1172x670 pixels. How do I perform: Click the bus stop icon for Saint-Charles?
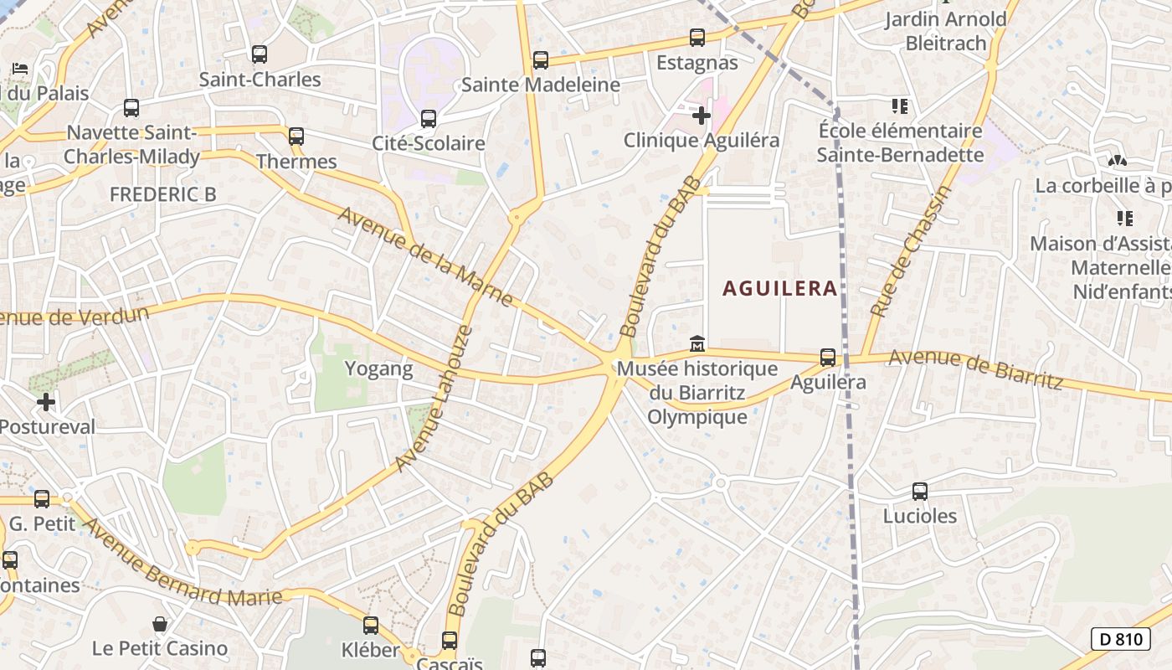click(260, 54)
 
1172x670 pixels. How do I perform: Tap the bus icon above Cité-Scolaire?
click(429, 118)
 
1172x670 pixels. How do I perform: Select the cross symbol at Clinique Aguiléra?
click(702, 115)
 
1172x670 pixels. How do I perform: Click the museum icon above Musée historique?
click(697, 343)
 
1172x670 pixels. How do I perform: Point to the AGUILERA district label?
click(779, 288)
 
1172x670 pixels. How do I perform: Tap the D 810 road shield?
click(1120, 639)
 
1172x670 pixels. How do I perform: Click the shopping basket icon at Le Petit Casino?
click(160, 624)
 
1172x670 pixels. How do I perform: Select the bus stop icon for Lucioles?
click(920, 492)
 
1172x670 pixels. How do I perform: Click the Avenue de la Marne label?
click(425, 256)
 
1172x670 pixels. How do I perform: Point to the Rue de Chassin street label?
click(911, 251)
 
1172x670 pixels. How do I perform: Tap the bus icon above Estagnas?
click(697, 38)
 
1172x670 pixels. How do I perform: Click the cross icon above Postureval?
click(46, 402)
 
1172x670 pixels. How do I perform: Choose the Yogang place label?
click(379, 368)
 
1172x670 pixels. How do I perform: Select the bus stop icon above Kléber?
click(371, 625)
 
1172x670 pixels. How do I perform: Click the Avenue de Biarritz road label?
click(975, 369)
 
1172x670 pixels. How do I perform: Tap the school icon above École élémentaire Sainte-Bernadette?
click(900, 106)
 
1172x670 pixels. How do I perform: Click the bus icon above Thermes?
click(296, 137)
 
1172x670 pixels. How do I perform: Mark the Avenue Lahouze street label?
click(434, 399)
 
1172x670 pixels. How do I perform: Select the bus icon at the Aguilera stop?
click(828, 358)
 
